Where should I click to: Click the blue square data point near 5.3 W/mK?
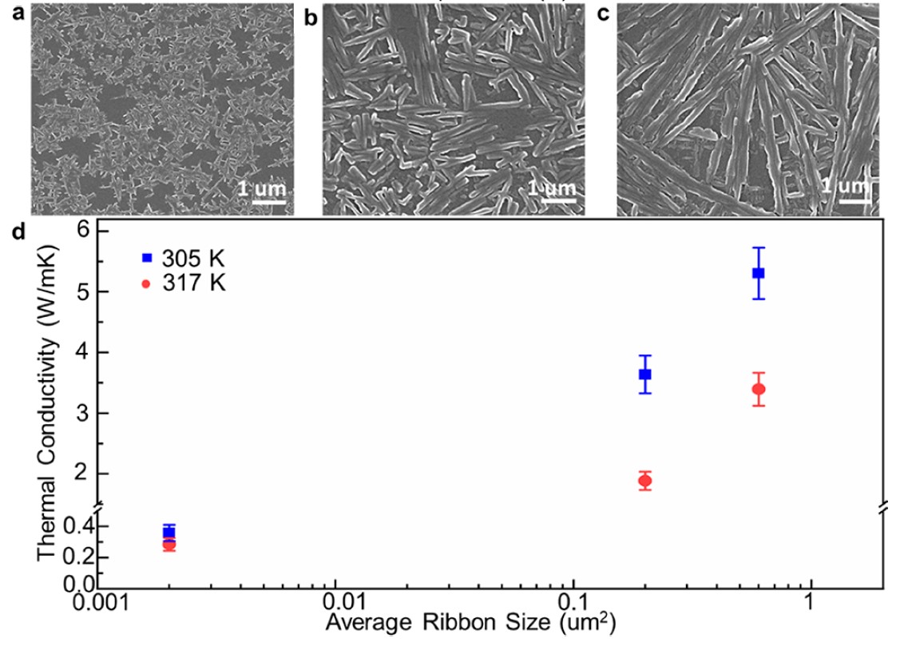(758, 273)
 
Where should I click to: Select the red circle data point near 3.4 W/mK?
(759, 389)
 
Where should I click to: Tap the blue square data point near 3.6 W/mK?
(645, 374)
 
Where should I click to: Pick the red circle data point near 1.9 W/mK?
(644, 481)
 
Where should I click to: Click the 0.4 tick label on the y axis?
(73, 527)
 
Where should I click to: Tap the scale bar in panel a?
(269, 201)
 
